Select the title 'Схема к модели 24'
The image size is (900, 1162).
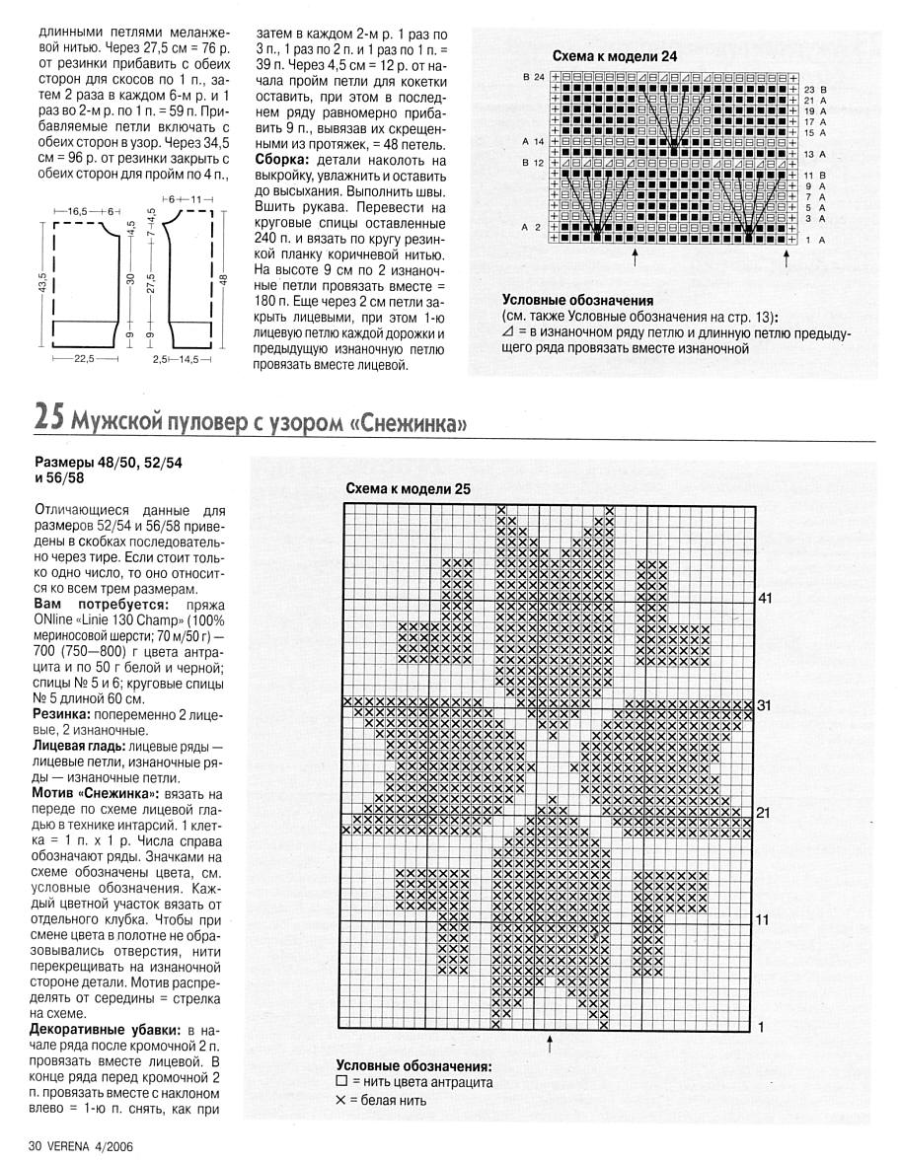coord(614,56)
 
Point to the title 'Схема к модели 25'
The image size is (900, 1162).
coord(409,488)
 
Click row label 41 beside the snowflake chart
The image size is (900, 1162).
coord(765,598)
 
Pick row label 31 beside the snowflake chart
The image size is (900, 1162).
coord(765,705)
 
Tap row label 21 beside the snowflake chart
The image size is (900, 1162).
coord(765,813)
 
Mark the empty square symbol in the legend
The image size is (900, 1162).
coord(341,1082)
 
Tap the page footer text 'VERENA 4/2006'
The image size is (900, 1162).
coord(87,1146)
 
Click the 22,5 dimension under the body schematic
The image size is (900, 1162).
coord(83,361)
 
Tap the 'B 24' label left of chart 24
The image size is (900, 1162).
coord(533,77)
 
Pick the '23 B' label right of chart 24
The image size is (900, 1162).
coord(815,89)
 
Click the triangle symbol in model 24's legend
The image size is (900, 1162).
coord(507,333)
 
